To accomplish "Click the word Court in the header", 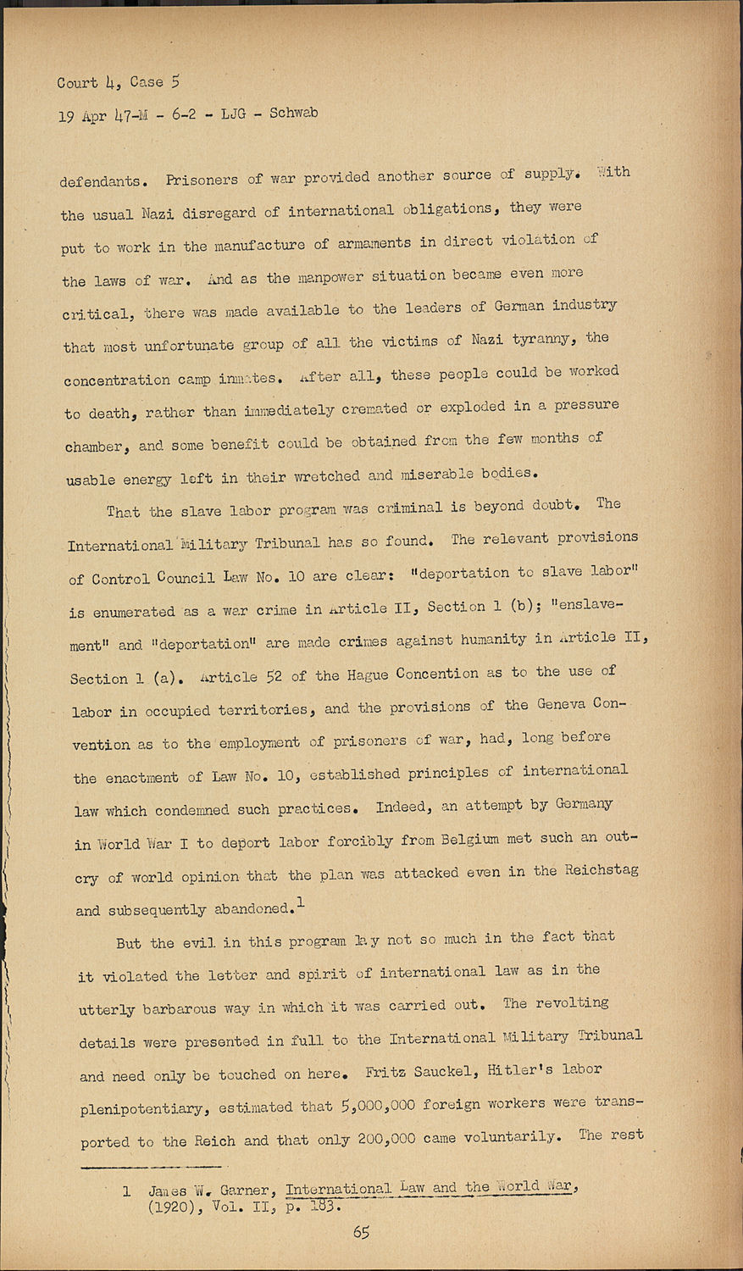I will [76, 82].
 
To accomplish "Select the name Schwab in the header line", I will [293, 113].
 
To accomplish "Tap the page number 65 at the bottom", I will [361, 1233].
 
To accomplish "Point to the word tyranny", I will [545, 340].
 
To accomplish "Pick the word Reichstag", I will [602, 869].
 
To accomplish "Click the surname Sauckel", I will [443, 1072].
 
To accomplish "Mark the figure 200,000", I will [386, 1138].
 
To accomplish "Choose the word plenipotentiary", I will [142, 1108].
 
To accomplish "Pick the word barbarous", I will [179, 1008].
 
